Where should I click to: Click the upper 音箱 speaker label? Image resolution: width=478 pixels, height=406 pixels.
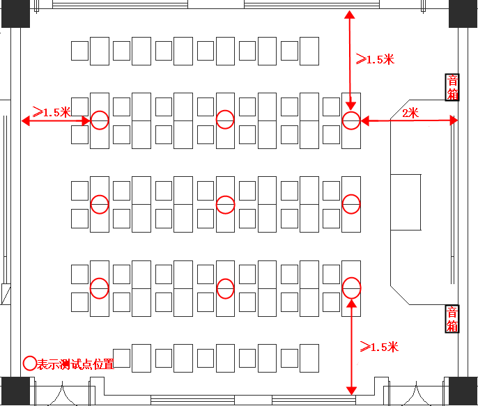click(453, 87)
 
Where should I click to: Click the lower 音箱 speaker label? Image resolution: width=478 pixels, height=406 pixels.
click(453, 318)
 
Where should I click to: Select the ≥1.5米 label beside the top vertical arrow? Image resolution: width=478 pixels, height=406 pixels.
click(375, 59)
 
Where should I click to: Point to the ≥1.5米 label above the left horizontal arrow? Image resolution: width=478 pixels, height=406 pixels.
click(52, 111)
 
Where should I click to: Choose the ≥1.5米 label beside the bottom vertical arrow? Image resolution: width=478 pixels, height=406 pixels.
click(378, 346)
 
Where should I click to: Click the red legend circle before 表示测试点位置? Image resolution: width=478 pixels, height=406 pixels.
click(30, 363)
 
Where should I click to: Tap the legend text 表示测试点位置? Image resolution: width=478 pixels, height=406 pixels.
click(75, 364)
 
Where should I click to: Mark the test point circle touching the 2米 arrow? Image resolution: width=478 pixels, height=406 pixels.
click(351, 120)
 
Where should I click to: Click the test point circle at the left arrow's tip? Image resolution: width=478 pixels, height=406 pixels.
click(100, 120)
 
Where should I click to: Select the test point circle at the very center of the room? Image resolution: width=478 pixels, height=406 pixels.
click(225, 204)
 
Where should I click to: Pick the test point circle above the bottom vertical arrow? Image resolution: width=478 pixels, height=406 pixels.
click(351, 287)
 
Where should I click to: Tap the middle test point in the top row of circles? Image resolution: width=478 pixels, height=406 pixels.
click(224, 120)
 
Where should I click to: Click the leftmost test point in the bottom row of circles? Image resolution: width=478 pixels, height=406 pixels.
click(100, 288)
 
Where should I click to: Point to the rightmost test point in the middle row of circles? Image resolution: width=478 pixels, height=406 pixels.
click(351, 204)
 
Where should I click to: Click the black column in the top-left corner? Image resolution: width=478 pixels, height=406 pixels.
click(15, 13)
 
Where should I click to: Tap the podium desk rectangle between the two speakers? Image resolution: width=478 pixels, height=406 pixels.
click(406, 202)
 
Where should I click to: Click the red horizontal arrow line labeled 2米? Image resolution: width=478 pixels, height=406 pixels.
click(408, 121)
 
